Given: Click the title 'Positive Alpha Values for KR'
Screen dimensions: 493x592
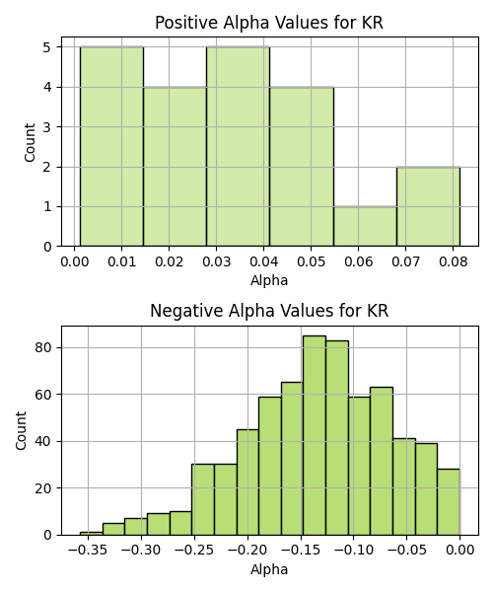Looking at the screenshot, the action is [269, 23].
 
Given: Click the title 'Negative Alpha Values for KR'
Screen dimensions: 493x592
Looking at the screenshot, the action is [269, 311].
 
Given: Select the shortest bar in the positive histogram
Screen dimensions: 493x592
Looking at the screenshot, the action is [365, 227].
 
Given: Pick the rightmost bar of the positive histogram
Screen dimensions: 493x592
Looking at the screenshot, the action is [428, 206].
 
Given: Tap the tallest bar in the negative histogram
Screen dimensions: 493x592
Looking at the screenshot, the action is [315, 435].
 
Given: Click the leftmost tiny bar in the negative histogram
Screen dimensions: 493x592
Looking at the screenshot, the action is [92, 534].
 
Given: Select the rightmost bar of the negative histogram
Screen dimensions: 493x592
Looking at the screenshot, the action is [449, 502].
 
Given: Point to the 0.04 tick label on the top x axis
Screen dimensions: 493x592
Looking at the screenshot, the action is [263, 261].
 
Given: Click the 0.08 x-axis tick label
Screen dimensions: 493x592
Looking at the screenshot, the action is [453, 261].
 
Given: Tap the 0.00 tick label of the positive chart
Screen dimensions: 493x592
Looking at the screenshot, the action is [74, 261].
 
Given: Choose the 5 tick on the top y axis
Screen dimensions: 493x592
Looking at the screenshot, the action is [47, 47].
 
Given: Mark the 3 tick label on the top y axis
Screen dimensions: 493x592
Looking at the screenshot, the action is [47, 127].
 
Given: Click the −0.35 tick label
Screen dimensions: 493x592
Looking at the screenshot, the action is [88, 551].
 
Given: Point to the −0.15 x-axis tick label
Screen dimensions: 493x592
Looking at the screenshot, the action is [301, 551].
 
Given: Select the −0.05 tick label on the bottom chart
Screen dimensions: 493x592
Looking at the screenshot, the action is [406, 551].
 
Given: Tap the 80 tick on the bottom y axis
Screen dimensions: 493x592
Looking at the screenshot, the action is [42, 347].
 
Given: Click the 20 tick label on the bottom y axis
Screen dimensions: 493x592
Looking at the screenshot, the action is [42, 488].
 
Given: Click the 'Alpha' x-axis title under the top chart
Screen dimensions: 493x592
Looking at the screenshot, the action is [269, 280].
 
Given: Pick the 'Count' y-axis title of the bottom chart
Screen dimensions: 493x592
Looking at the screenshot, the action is [21, 430].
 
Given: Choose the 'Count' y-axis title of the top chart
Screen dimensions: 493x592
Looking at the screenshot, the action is [30, 142].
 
